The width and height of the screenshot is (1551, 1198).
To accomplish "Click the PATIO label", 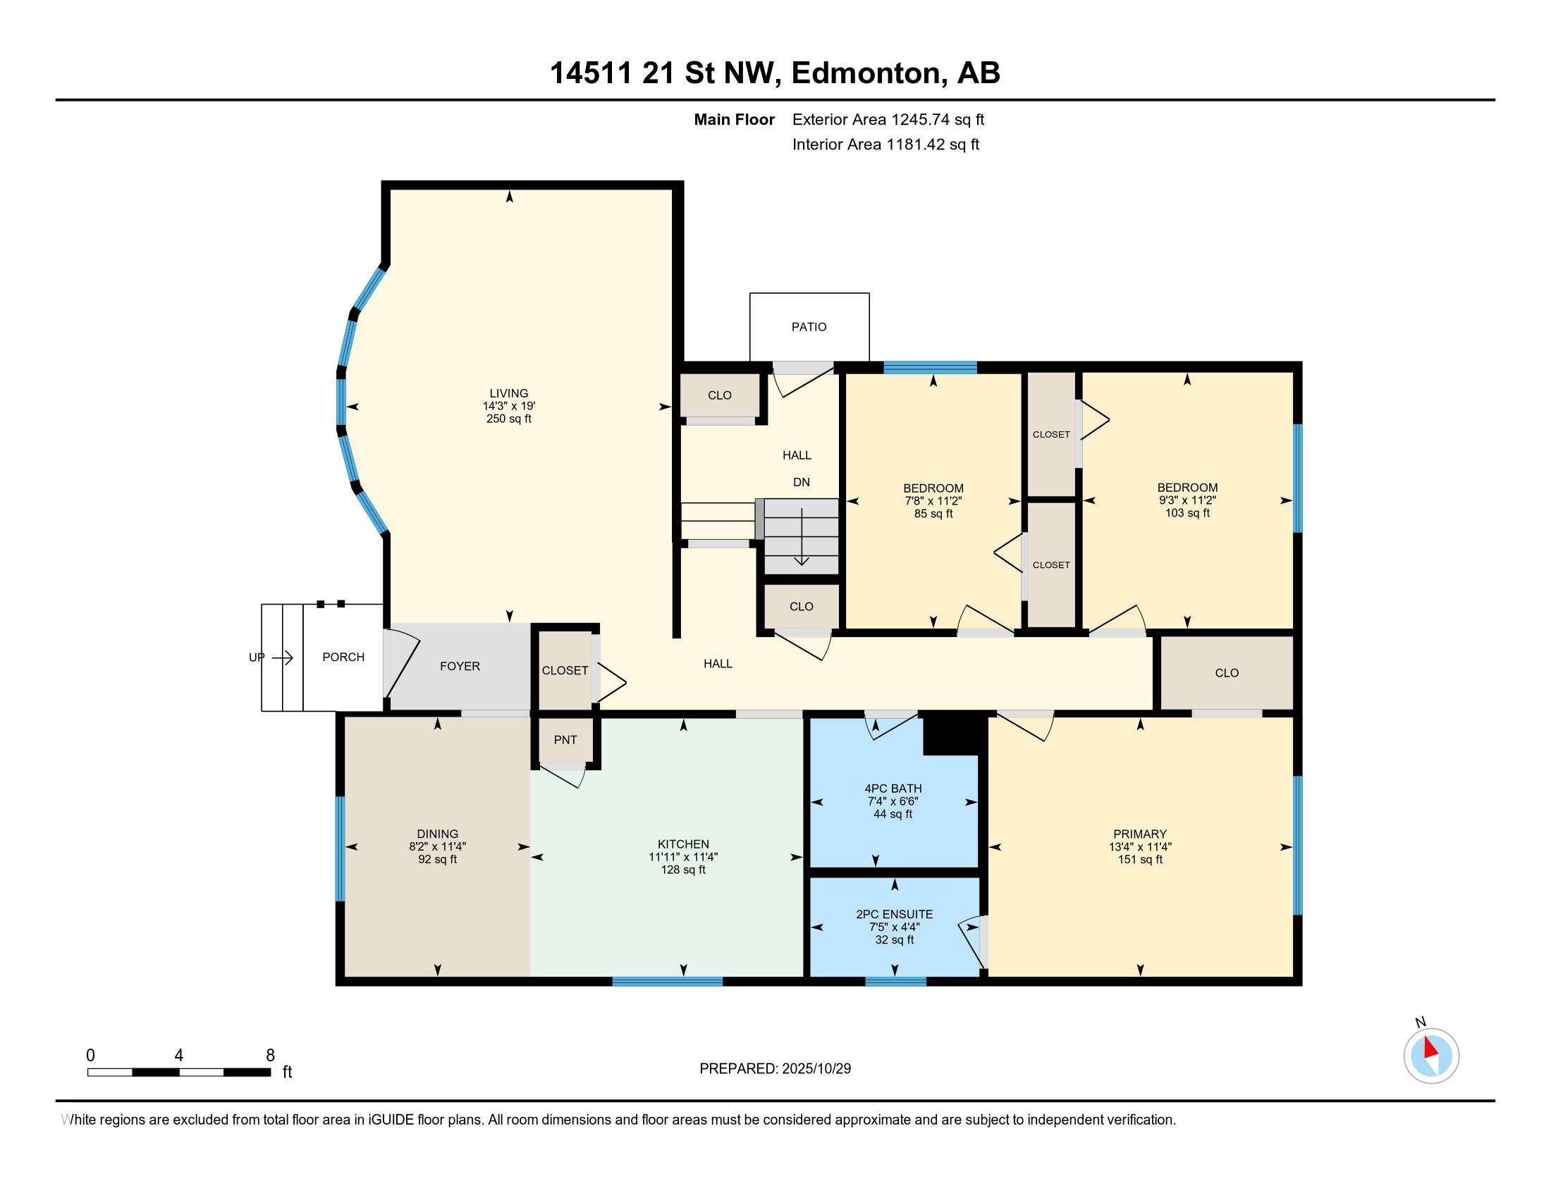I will tap(809, 327).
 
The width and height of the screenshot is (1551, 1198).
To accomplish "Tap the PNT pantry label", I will tap(565, 740).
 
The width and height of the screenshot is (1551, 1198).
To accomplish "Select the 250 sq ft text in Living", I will tap(508, 419).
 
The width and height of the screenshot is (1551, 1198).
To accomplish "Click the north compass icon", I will tap(1431, 1056).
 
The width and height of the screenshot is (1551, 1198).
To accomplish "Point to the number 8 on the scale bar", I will tap(270, 1056).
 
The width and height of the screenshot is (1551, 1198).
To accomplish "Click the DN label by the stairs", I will tap(801, 482).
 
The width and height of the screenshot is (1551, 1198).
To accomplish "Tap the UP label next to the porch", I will tap(257, 657).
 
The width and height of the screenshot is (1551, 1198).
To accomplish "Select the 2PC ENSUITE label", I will tap(894, 914).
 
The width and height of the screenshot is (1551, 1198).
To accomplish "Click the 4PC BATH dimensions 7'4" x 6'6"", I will tap(893, 801).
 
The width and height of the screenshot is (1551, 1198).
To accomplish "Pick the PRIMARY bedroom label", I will tap(1140, 834).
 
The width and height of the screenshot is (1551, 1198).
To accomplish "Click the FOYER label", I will tap(460, 667).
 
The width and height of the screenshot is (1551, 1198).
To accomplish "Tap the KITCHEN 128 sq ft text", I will tap(683, 870).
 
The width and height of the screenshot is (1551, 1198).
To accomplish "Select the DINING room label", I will tap(438, 834).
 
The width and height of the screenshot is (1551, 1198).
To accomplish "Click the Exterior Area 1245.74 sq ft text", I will tap(888, 120).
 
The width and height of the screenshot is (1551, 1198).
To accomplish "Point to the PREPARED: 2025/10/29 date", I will tap(775, 1069).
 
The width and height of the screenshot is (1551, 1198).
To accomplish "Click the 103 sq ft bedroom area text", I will tap(1187, 513).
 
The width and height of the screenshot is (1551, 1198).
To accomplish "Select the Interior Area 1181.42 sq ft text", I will tap(885, 144).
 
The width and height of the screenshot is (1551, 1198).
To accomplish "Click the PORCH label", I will tap(343, 657).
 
